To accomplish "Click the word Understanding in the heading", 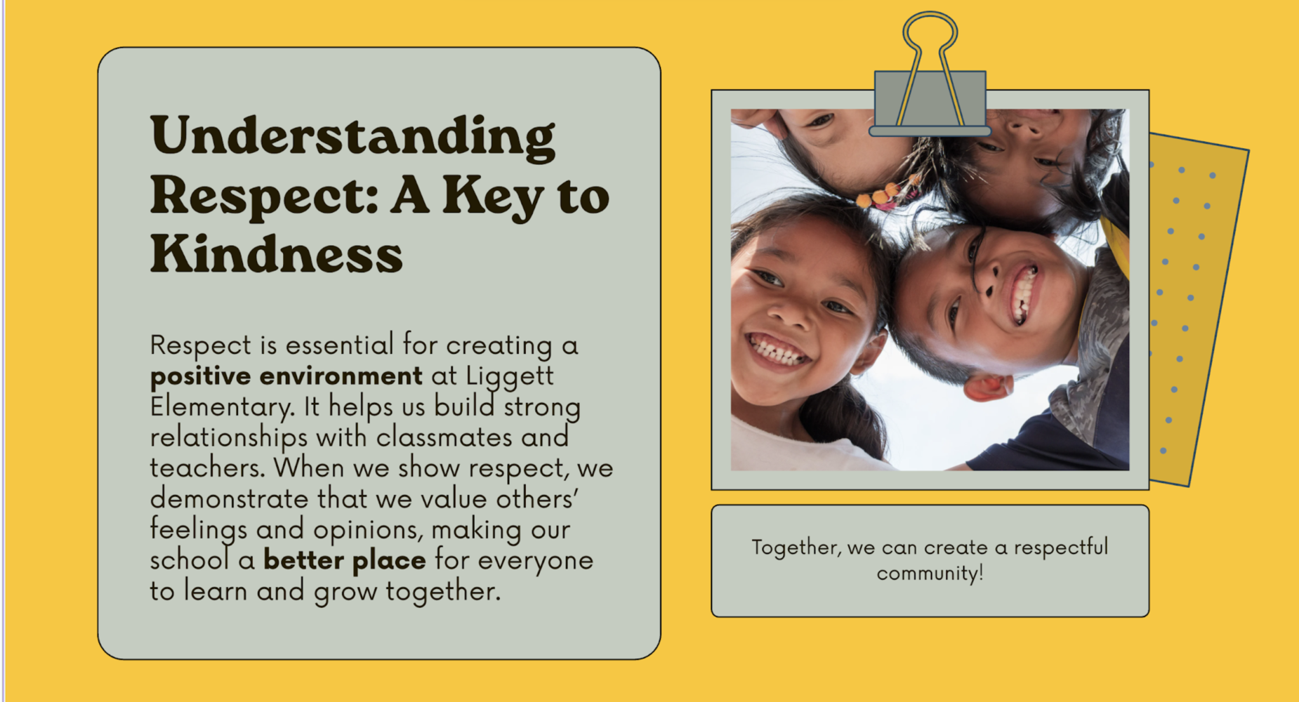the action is pyautogui.click(x=352, y=137).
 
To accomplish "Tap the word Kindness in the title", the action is pyautogui.click(x=277, y=253).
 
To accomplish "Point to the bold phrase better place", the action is pyautogui.click(x=345, y=560).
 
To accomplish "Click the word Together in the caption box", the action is pyautogui.click(x=796, y=548).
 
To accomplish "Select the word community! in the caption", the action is pyautogui.click(x=930, y=574).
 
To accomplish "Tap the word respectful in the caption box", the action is pyautogui.click(x=1060, y=547).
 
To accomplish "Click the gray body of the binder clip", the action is pyautogui.click(x=930, y=102).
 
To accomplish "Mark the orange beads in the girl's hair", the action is pyautogui.click(x=884, y=194).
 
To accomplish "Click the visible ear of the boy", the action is pyautogui.click(x=989, y=387).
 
